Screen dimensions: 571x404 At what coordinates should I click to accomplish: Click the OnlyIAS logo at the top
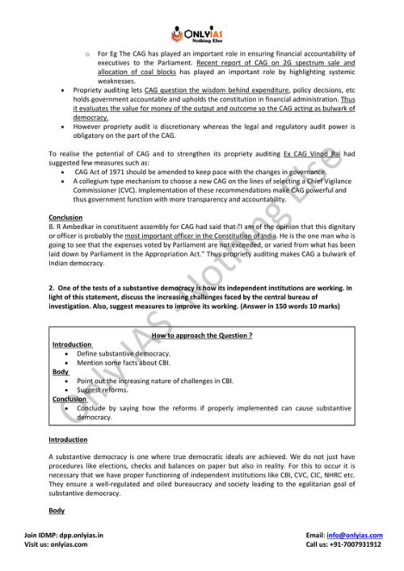click(201, 33)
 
